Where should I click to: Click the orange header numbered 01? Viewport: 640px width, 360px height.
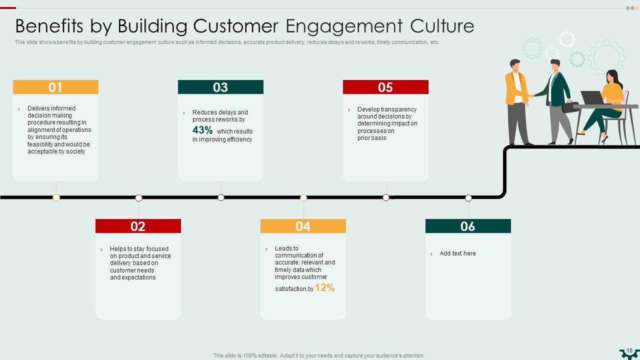pyautogui.click(x=55, y=87)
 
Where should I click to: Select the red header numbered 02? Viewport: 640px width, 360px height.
pyautogui.click(x=138, y=226)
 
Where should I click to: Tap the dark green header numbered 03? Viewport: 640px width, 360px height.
pyautogui.click(x=220, y=87)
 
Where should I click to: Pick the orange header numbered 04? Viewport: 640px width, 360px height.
pyautogui.click(x=303, y=226)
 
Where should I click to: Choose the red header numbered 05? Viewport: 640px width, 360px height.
pyautogui.click(x=385, y=87)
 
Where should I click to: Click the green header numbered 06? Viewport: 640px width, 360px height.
pyautogui.click(x=468, y=226)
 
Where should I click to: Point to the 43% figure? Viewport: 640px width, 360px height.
pyautogui.click(x=202, y=130)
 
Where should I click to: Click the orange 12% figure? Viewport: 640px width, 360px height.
pyautogui.click(x=324, y=287)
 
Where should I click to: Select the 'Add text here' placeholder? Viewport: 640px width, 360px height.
pyautogui.click(x=457, y=253)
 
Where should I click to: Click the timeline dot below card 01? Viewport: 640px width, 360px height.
pyautogui.click(x=56, y=197)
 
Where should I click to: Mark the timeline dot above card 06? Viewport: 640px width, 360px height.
pyautogui.click(x=468, y=198)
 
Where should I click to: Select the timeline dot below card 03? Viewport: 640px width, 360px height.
pyautogui.click(x=221, y=197)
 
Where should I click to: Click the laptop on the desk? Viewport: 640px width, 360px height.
pyautogui.click(x=592, y=98)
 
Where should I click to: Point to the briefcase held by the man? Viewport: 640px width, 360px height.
pyautogui.click(x=570, y=107)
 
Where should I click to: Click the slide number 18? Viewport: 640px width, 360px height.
pyautogui.click(x=629, y=351)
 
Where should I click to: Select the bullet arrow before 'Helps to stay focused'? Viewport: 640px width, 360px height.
pyautogui.click(x=101, y=249)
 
